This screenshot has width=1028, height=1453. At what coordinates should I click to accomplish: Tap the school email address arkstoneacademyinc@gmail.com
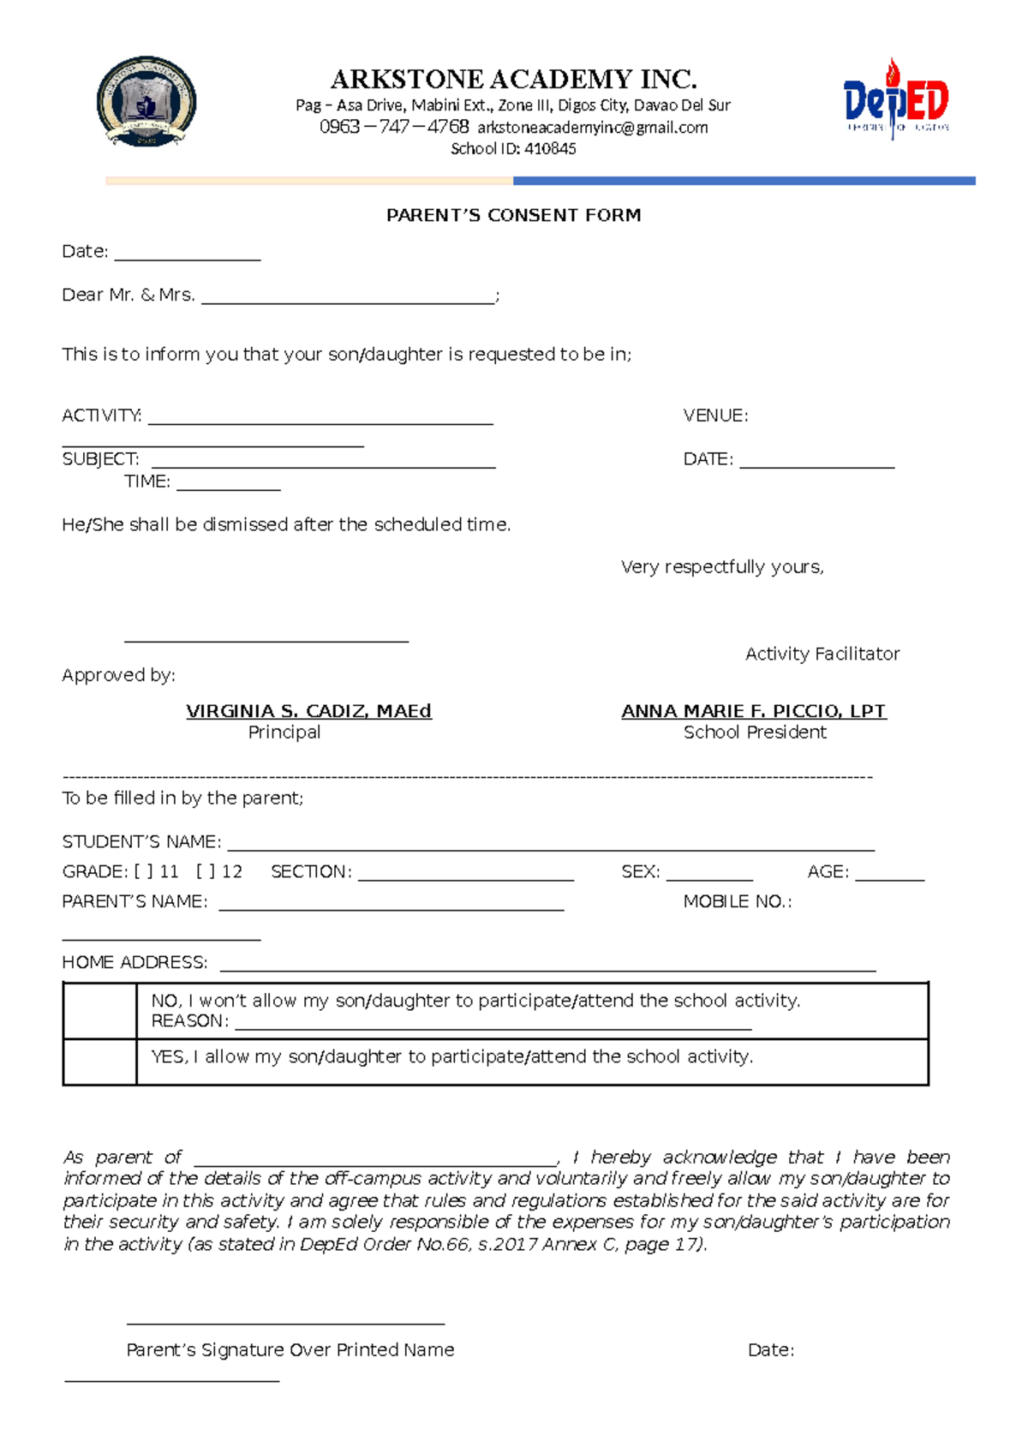pos(593,128)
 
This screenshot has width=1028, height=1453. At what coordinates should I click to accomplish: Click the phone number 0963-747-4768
pos(394,127)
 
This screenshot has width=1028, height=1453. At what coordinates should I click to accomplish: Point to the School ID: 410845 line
pos(513,149)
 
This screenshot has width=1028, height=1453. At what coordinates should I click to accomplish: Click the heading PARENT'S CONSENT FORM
pos(513,215)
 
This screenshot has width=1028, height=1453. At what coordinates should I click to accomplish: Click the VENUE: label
pos(715,416)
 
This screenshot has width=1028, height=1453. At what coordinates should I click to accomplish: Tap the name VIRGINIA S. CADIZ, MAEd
pos(308,711)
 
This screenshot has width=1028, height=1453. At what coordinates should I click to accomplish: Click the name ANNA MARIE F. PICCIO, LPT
pos(754,711)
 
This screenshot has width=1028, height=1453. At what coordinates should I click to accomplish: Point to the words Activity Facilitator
pos(822,654)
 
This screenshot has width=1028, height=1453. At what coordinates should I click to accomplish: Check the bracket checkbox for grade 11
pos(143,872)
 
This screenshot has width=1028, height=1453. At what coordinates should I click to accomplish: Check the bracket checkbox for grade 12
pos(206,872)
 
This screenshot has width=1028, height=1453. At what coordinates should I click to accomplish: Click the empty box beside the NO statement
pos(99,1011)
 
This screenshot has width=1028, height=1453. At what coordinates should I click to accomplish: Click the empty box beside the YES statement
pos(99,1061)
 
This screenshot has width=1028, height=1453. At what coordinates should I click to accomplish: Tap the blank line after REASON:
pos(493,1025)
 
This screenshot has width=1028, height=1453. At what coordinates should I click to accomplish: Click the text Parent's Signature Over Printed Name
pos(290,1350)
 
